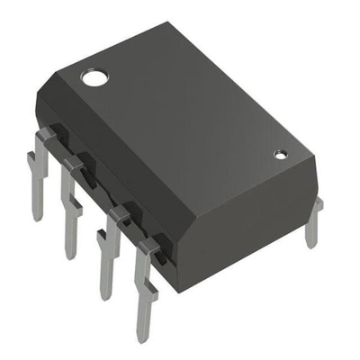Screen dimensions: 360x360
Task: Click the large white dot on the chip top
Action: (x=93, y=76)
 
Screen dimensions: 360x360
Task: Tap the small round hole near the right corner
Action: (x=280, y=155)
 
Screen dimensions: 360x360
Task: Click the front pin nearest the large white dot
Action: (x=38, y=171)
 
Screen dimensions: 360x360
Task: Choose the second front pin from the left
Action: (x=71, y=207)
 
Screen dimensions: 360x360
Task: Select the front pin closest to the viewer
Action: (x=144, y=288)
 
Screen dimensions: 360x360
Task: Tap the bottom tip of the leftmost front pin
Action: (x=37, y=217)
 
